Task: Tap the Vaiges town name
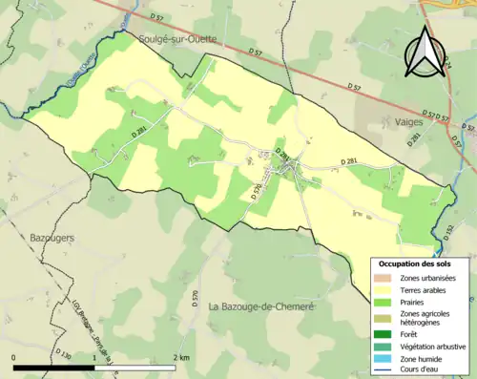[x=408, y=122]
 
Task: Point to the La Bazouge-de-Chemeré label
[x=262, y=305]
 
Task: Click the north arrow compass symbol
[x=423, y=53]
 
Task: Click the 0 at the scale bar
[x=14, y=357]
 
